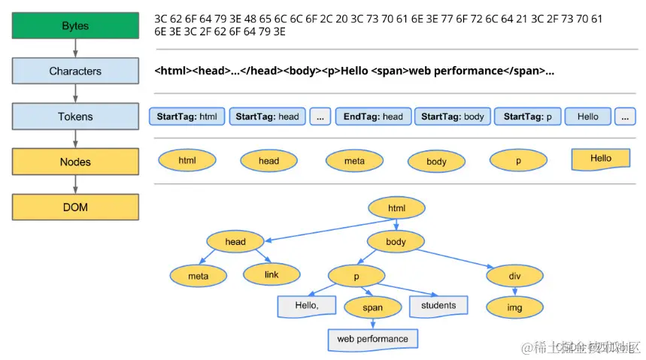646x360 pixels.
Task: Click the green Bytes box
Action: click(x=75, y=26)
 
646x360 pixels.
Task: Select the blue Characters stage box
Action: click(x=75, y=71)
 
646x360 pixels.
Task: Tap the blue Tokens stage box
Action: click(x=75, y=116)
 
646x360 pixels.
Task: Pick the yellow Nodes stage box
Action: click(x=75, y=162)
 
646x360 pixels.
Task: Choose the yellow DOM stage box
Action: click(x=75, y=207)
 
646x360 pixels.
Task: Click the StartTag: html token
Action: click(x=188, y=116)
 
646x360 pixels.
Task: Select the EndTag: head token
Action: click(x=373, y=116)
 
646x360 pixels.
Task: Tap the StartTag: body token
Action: click(x=453, y=116)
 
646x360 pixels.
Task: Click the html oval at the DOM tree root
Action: click(x=396, y=208)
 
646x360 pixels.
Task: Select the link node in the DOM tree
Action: click(x=271, y=275)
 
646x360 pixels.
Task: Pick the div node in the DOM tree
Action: click(x=514, y=276)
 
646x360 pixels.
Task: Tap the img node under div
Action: click(x=514, y=307)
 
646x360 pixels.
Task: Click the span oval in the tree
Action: click(x=372, y=307)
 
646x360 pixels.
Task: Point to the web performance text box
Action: click(x=372, y=339)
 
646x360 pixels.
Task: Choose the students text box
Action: click(x=438, y=306)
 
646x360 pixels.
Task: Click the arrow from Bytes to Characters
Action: click(x=75, y=48)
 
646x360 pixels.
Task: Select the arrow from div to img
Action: click(x=514, y=292)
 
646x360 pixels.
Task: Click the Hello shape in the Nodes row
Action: click(x=600, y=159)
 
